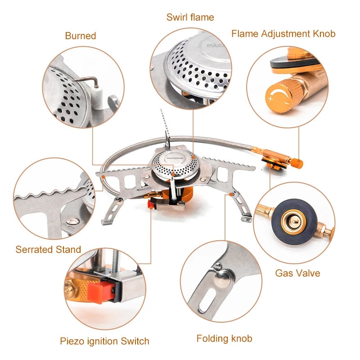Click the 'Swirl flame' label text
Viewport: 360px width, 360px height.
pos(190,18)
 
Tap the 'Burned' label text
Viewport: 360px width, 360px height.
pos(81,36)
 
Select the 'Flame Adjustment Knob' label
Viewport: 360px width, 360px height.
pos(283,34)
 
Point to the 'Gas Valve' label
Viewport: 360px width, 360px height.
pos(297,273)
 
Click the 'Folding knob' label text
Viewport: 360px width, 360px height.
pos(224,338)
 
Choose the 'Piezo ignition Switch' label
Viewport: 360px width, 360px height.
pos(104,341)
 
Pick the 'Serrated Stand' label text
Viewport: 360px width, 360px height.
pos(48,249)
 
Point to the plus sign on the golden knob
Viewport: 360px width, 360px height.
pos(271,97)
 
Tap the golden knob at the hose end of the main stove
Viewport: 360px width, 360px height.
pos(297,162)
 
